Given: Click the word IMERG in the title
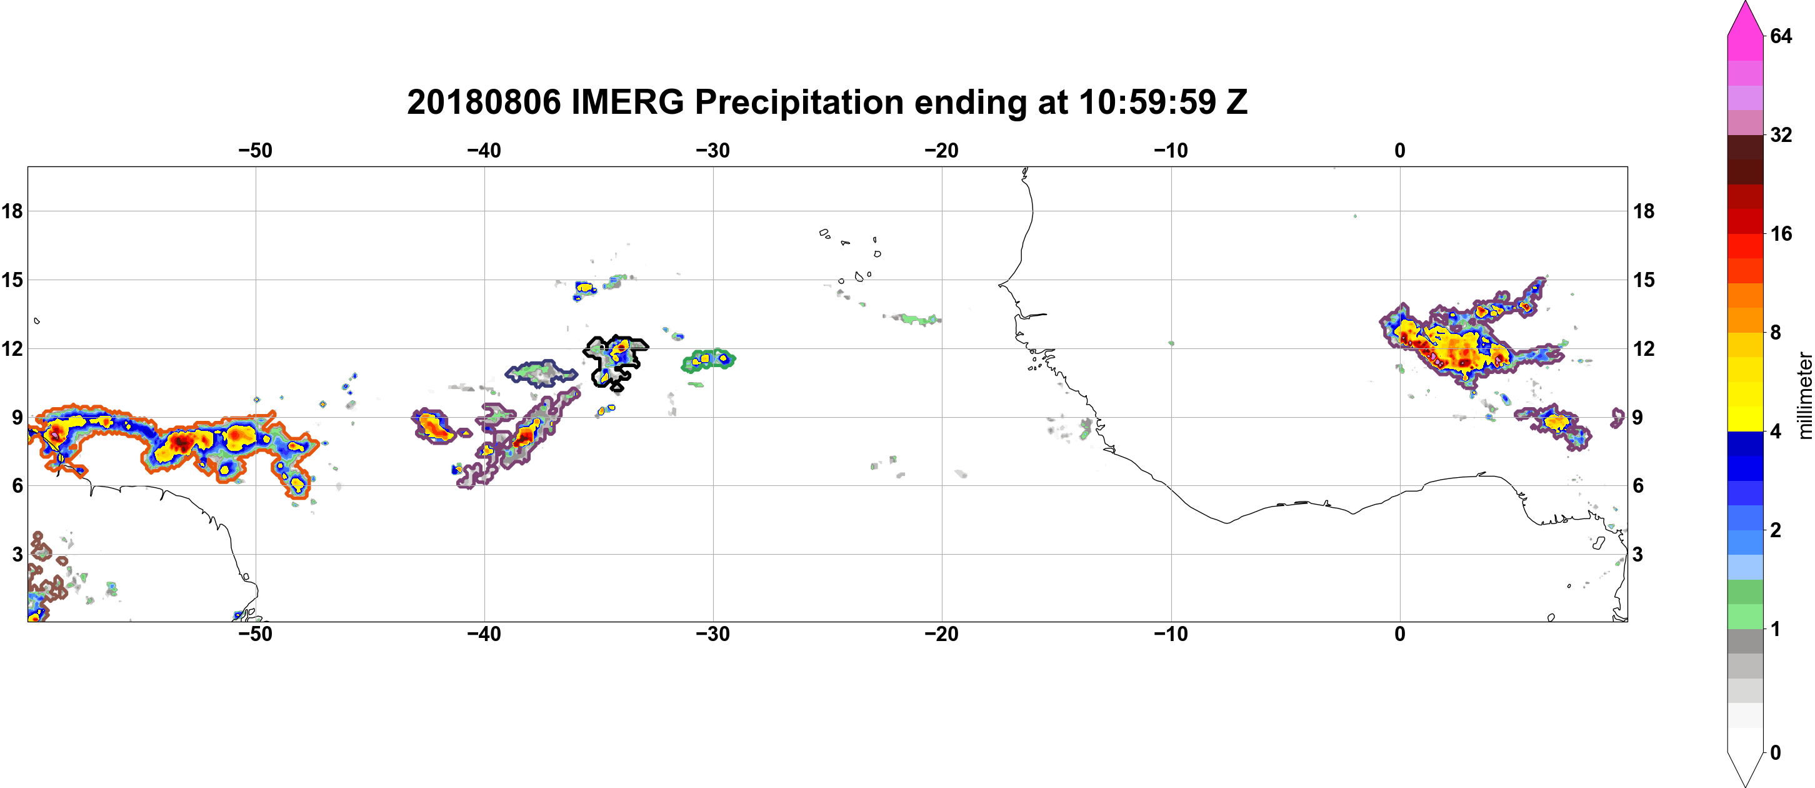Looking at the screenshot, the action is pos(627,102).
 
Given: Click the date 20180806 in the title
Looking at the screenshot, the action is pos(484,102).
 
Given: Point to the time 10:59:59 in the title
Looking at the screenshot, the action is pos(1147,102).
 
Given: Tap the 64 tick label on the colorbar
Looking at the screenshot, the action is pos(1781,36).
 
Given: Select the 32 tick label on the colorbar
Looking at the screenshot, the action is pos(1781,134).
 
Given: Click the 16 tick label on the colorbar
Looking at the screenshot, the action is pos(1781,233).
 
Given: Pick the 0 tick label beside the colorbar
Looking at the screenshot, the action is pos(1776,753).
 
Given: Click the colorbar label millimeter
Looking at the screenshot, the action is pos(1804,395).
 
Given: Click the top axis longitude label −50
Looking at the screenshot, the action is pos(255,151).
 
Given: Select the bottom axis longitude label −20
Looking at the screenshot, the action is pos(942,634).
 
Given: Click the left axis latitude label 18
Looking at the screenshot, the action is pos(12,211).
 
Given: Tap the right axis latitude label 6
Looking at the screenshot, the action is pos(1638,486).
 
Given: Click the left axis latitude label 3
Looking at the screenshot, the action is pos(17,555).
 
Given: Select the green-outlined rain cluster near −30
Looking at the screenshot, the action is pos(708,360).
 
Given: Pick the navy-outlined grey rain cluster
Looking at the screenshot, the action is pos(541,373).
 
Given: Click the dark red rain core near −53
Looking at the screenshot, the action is pos(182,443).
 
